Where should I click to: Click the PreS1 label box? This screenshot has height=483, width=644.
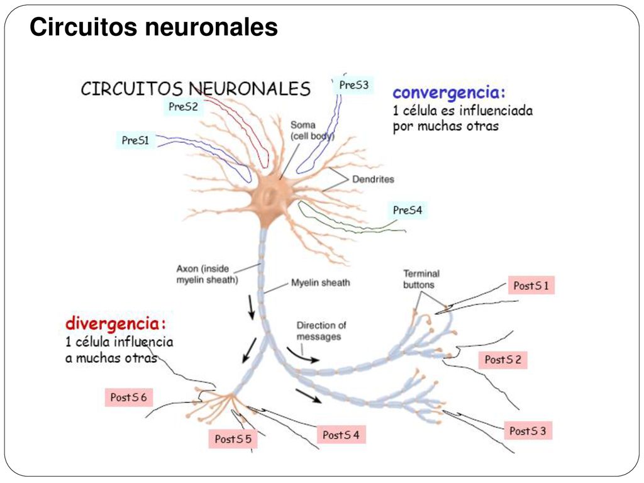135,140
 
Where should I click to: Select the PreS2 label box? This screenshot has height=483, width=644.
183,107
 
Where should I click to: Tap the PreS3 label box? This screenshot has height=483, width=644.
353,85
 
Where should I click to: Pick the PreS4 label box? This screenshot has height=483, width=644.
407,210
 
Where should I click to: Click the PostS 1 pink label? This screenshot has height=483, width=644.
531,286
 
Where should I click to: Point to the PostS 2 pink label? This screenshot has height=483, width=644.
502,360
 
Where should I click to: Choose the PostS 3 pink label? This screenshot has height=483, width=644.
528,431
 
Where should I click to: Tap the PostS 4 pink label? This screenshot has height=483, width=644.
341,435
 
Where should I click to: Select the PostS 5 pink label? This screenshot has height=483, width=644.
233,438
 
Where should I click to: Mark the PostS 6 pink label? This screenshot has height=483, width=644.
128,397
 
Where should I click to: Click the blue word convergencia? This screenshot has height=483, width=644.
449,93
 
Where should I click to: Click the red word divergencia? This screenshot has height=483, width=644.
116,324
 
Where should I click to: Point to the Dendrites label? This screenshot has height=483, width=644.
373,179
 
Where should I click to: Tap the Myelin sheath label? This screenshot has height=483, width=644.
320,282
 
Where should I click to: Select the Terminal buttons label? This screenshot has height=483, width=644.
421,279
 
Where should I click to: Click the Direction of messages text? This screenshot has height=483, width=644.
321,331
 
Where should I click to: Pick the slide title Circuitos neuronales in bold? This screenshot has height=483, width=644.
153,27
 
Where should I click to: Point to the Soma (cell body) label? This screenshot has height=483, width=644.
312,130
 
